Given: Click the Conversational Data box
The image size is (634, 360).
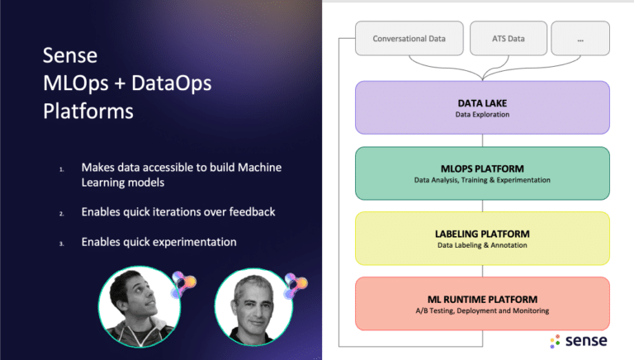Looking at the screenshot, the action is click(x=409, y=39).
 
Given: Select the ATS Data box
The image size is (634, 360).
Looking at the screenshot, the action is click(x=509, y=39).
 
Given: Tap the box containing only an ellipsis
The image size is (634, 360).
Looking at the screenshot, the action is click(x=580, y=39).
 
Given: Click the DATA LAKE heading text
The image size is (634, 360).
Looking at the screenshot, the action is click(x=482, y=103).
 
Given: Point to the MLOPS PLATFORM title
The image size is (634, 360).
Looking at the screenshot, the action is click(x=482, y=168).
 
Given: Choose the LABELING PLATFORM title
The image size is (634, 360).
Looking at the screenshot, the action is click(x=482, y=234).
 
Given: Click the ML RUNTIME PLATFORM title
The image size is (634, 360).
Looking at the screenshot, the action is click(x=482, y=300).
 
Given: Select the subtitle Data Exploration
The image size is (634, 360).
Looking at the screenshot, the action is click(x=482, y=115).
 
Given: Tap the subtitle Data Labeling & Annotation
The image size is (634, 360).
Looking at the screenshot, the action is click(x=482, y=245).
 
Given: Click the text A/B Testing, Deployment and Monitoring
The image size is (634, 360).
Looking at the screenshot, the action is click(x=482, y=310).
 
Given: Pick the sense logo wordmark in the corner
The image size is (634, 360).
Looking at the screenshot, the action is click(x=586, y=340).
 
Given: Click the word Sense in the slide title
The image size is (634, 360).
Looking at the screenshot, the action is click(x=70, y=55).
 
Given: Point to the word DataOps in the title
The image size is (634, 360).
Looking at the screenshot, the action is click(x=172, y=83).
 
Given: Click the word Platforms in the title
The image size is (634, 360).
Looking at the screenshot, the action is click(x=88, y=111).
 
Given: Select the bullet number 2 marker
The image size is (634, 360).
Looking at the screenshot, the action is click(x=61, y=214).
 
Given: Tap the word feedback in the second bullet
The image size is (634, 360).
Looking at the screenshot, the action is click(x=252, y=211).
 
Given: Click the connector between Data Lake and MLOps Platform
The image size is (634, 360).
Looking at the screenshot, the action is click(x=482, y=140).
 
